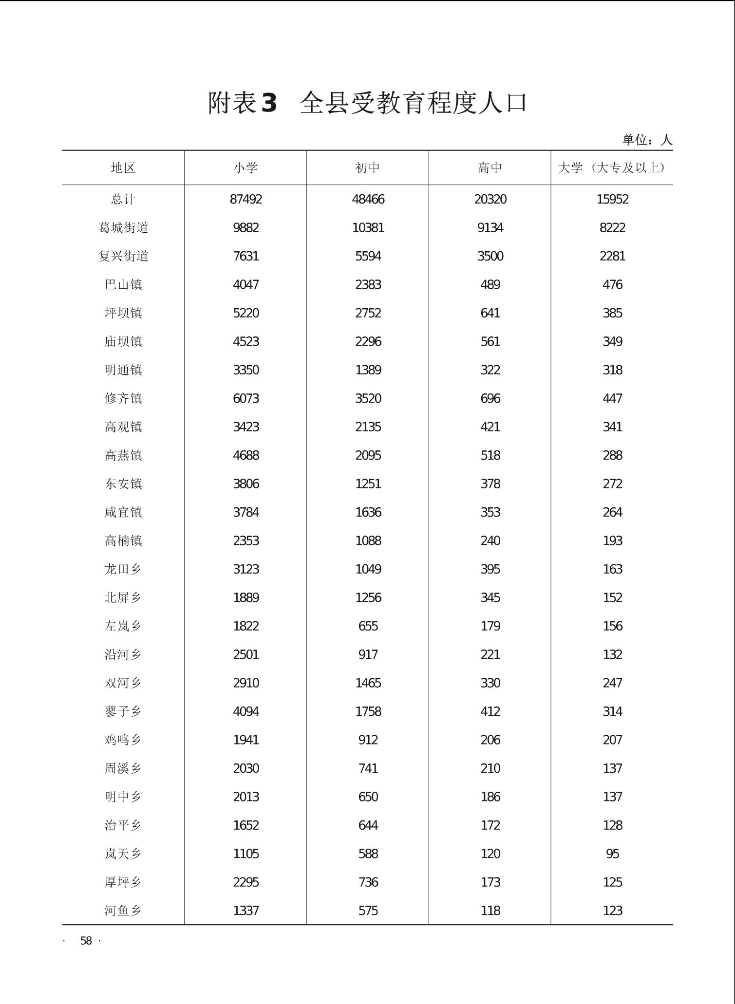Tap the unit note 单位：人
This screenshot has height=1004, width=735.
647,140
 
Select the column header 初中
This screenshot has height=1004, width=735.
368,168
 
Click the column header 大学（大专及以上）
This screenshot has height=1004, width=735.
612,168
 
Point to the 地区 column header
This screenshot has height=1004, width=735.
123,168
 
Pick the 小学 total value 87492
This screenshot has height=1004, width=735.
246,200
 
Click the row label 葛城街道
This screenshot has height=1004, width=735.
123,228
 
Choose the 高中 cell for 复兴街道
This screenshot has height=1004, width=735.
490,257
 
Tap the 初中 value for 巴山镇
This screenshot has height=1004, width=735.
368,285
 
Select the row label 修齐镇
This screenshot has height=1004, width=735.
123,399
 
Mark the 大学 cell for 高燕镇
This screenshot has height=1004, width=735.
612,456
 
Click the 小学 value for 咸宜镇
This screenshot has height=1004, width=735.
246,513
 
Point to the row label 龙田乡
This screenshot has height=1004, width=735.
123,569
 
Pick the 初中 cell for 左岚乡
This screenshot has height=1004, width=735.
368,626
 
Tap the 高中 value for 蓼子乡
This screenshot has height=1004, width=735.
490,712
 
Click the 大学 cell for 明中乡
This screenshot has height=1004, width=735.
612,797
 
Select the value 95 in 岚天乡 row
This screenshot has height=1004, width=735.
612,854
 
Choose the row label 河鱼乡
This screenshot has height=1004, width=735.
123,911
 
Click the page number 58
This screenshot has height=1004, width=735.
86,941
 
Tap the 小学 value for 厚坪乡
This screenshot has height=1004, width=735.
246,882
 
